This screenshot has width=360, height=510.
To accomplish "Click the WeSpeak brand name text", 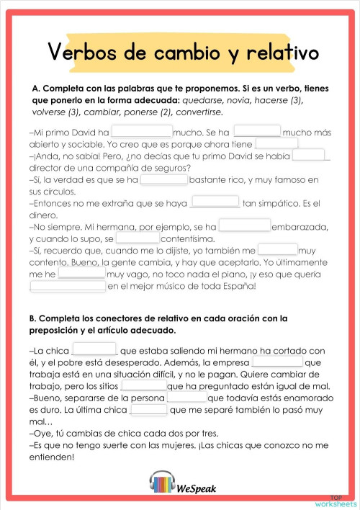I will coord(195,488).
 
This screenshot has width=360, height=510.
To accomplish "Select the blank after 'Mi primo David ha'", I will coord(142,132).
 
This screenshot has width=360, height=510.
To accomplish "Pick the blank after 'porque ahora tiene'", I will coord(276,143).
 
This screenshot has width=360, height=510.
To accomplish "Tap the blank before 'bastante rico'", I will coord(163,179).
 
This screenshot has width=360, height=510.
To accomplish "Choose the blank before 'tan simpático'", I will coord(217,202).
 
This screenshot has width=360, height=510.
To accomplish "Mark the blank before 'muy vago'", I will coord(81,274).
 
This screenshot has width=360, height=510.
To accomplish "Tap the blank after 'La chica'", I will coord(95,349).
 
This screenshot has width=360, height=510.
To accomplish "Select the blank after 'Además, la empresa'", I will coord(277,362).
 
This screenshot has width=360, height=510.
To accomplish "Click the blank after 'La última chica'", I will coord(149,409).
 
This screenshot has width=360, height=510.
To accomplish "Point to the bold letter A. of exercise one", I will coord(36,88).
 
